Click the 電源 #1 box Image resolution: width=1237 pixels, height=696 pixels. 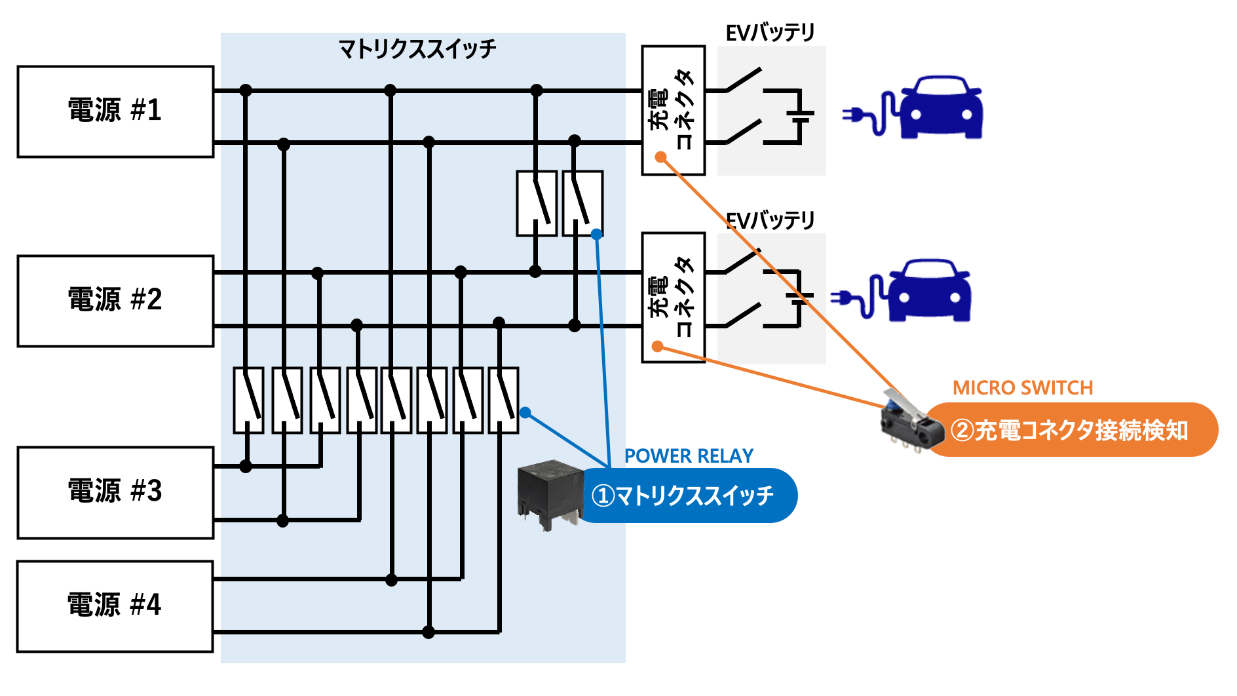point(115,111)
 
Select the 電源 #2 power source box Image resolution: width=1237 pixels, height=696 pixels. point(115,301)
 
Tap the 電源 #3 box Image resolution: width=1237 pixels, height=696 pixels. point(115,492)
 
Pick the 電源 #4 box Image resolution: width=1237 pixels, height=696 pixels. point(115,606)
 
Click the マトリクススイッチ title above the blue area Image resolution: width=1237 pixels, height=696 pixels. point(417,49)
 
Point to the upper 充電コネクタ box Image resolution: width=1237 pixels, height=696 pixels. point(674,110)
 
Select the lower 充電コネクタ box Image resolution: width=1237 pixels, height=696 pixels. point(674,297)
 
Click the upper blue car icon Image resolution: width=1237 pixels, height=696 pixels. point(941,108)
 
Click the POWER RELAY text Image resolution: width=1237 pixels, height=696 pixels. point(689,456)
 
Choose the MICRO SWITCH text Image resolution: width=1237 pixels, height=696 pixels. point(1023,388)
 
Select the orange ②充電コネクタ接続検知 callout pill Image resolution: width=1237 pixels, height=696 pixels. point(1072,430)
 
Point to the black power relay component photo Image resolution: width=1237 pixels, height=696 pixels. point(549,493)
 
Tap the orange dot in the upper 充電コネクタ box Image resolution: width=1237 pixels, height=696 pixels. point(661,157)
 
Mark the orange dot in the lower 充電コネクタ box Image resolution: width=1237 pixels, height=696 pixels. point(658,346)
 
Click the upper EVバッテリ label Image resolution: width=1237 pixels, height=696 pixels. point(770,33)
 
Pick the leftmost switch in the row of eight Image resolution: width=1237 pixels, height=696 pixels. point(248,400)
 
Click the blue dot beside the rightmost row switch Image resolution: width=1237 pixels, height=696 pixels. point(525,412)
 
